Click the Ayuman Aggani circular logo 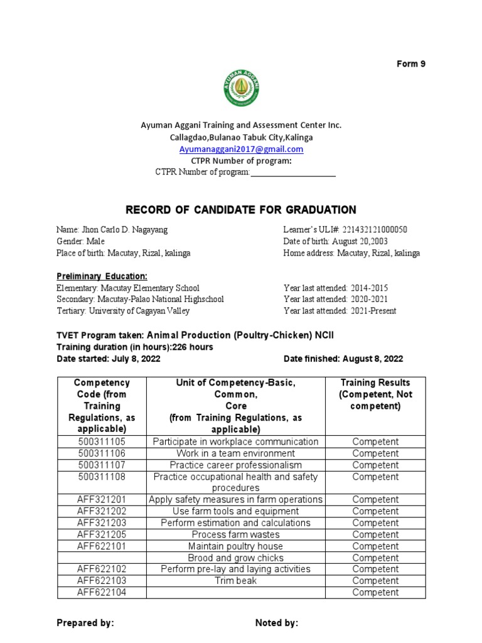[241, 87]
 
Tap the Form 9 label [411, 64]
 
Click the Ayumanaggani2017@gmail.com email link [241, 149]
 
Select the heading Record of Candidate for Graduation [241, 210]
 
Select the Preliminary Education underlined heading [102, 276]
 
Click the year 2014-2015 [365, 288]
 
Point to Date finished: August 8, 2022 [343, 359]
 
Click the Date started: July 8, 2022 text [109, 359]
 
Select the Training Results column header [375, 394]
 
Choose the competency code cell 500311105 [102, 442]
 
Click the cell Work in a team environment [235, 453]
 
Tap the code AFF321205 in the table [102, 534]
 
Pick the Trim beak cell [235, 581]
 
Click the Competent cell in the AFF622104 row [375, 592]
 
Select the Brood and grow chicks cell [235, 558]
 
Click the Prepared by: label [85, 623]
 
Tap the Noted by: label [277, 623]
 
